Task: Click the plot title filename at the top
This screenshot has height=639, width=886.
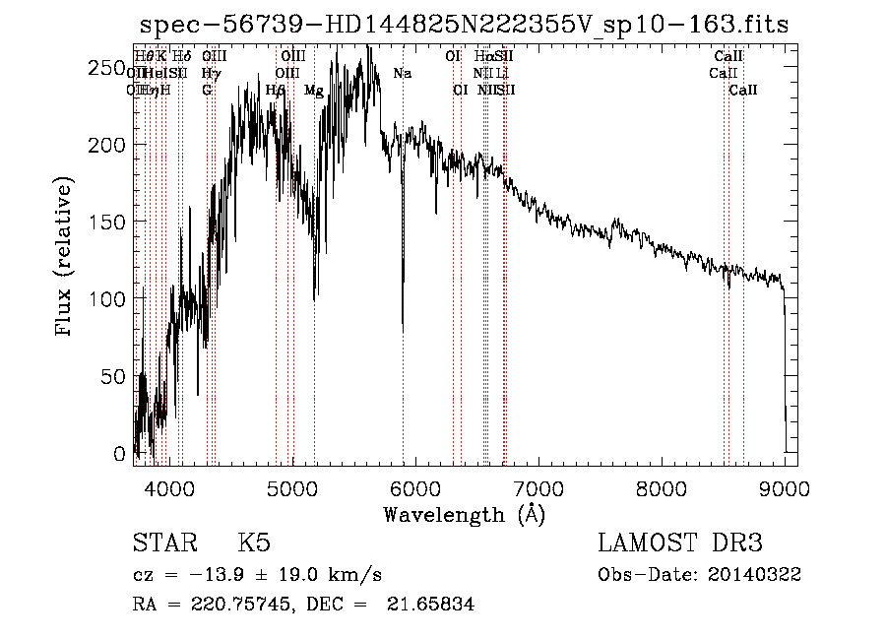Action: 464,25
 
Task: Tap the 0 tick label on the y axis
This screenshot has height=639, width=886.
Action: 120,453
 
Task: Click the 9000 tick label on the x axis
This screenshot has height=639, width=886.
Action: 784,487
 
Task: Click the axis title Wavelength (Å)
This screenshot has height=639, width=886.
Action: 464,514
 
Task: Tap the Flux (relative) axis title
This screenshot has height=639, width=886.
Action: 66,258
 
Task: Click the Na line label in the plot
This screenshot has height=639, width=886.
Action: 402,73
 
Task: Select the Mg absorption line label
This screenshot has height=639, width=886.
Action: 313,90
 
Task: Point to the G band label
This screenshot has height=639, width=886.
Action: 207,90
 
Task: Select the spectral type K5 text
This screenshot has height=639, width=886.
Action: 254,544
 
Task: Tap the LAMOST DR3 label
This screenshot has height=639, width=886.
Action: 679,544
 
